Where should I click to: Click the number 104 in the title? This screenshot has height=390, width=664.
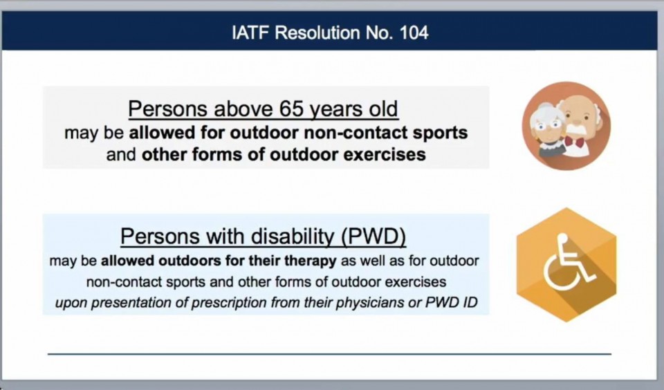point(414,32)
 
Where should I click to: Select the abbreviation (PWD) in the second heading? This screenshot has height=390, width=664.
point(374,236)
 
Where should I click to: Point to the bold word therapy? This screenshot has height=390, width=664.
point(311,261)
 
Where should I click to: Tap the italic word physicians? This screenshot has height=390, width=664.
point(370,303)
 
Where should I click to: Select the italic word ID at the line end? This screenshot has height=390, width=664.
point(470,302)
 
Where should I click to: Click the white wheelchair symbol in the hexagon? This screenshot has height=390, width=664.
point(567,263)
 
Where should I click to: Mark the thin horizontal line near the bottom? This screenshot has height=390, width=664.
point(329,353)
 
